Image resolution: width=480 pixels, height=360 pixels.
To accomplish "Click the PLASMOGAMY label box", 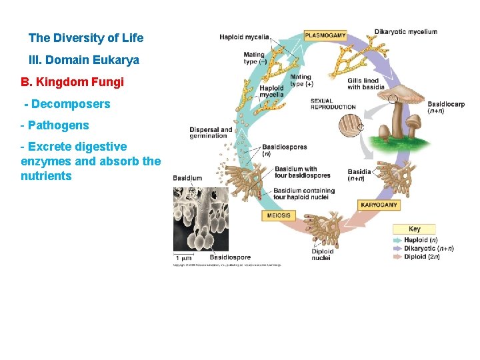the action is coord(325,35).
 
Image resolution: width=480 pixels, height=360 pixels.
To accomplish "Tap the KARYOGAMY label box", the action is coord(379,205).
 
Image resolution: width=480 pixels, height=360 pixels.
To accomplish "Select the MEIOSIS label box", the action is coord(279,216).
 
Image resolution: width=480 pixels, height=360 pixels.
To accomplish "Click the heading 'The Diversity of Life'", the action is coord(86,38).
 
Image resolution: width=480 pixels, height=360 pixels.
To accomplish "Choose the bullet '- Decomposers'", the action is coord(67,104).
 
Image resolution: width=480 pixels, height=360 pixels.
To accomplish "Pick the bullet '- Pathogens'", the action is coord(55,125).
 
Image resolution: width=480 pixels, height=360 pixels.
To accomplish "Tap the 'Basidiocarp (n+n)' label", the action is coord(445,107).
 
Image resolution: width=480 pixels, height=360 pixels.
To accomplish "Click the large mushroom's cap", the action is coord(401,95).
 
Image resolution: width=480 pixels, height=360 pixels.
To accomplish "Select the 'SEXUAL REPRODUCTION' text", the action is coord(333,104).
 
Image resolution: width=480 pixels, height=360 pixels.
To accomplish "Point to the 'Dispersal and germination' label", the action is coord(211,132).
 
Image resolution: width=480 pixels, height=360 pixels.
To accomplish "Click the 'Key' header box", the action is coord(414,229).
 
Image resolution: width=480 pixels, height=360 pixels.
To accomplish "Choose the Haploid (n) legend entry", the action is coord(421,240).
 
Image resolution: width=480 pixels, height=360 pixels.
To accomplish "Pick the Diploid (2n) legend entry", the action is coord(422,257).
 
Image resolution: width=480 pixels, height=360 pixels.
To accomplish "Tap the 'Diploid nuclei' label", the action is coord(321,255).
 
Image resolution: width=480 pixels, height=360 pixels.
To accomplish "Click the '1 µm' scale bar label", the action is coord(184,257).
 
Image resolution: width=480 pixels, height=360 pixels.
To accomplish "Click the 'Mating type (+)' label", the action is coord(301,81).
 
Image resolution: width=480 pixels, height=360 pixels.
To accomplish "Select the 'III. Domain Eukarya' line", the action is coord(84,60).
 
